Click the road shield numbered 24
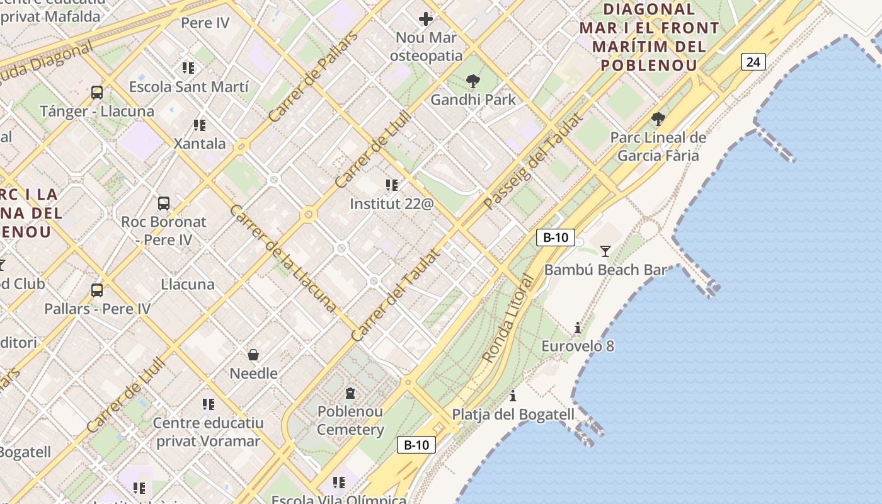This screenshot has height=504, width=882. (x=753, y=62)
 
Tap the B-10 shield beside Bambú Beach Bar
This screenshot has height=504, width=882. (x=556, y=238)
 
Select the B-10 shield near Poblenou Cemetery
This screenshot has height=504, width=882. (x=416, y=445)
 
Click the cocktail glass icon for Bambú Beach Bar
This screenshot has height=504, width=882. (x=605, y=251)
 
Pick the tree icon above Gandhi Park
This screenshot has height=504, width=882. (x=472, y=81)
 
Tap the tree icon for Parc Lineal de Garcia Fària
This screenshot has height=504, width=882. (x=658, y=118)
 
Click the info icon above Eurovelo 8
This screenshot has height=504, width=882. (x=578, y=328)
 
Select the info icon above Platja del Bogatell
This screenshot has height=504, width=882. (x=513, y=396)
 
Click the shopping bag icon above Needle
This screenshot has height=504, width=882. (x=253, y=355)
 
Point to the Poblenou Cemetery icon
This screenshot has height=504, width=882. (x=350, y=393)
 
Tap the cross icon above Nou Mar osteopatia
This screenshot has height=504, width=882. (x=426, y=19)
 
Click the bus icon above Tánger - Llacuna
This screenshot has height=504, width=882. (x=97, y=93)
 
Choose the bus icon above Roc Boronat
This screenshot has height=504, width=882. (x=164, y=203)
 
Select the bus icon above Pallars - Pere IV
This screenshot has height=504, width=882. (x=97, y=290)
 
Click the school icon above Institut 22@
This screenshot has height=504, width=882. (x=392, y=185)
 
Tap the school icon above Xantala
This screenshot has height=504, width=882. (x=200, y=125)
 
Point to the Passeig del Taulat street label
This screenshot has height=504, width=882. (x=533, y=161)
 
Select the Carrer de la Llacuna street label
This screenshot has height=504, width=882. (x=283, y=258)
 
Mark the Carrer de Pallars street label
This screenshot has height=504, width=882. (x=312, y=77)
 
